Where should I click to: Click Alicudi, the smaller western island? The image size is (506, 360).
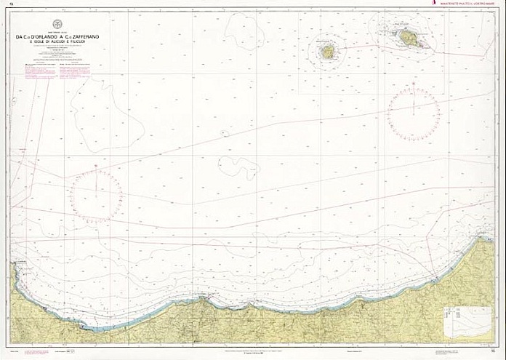(329, 52)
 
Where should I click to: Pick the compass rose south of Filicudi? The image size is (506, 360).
(413, 113)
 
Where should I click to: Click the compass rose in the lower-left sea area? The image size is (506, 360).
(95, 194)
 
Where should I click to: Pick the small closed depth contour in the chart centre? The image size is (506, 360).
(238, 167)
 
